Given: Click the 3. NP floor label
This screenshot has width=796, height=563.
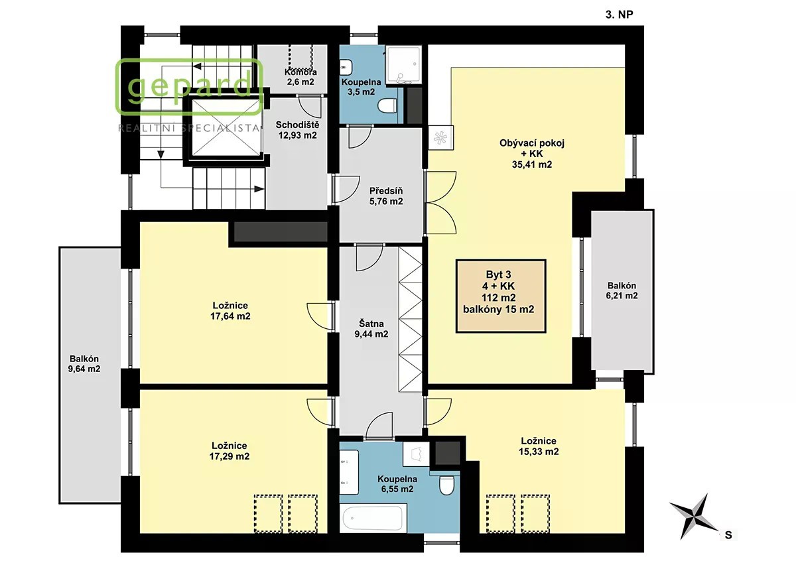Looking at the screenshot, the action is pos(619,15).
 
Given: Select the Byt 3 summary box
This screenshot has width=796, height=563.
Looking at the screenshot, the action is pos(501,296).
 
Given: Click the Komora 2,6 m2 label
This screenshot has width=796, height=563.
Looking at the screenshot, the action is pos(300,77).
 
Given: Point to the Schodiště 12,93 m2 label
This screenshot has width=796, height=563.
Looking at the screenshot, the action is pos(297,130).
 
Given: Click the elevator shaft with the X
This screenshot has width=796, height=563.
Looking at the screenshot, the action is pos(226,127).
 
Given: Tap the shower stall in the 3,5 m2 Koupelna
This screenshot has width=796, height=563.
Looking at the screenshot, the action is pos(404,64).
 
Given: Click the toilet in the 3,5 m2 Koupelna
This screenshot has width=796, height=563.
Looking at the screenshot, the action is pos(387,106).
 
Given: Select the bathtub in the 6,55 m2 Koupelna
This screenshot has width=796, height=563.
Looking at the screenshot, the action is pos(372,518).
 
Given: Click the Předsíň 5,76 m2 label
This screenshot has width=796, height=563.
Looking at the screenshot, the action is pos(386,196).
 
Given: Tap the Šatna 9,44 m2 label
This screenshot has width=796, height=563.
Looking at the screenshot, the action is pos(371,328).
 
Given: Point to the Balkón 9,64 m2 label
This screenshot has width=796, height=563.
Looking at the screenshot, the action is pos(84,364).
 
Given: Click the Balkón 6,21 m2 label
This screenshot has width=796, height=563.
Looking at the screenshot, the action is pos(622,290).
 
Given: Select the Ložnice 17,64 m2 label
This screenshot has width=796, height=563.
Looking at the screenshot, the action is pos(230,311).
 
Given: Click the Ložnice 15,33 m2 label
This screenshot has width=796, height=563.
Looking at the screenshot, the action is pos(539,446).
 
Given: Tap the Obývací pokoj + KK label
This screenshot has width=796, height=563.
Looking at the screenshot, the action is pos(532,154).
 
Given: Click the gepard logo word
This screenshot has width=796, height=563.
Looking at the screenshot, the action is pos(190,88).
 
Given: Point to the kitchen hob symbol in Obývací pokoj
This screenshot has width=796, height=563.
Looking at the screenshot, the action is pos(440,138).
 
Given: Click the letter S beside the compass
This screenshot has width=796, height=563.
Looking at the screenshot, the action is pos(728,535).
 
